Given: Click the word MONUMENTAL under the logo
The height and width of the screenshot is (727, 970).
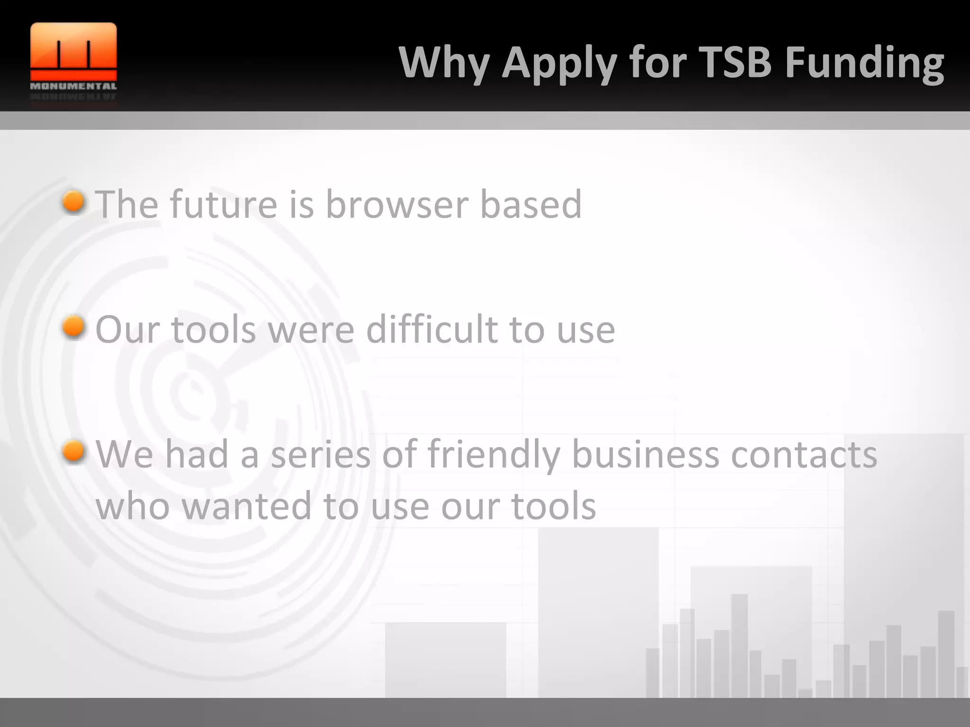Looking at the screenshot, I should tap(73, 87).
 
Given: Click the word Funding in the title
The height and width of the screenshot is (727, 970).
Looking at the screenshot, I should tap(864, 63).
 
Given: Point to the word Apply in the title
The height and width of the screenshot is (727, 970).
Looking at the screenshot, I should tap(559, 63).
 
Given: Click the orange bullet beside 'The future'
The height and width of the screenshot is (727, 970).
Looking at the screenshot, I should tap(73, 203).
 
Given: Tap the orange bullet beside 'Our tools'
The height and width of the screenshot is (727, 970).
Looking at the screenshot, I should tap(73, 328).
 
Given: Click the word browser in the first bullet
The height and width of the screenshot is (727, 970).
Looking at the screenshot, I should tap(397, 204).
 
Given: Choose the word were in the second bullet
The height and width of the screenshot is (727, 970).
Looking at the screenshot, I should tap(311, 330).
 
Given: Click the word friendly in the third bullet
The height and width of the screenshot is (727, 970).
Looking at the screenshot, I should tap(494, 454).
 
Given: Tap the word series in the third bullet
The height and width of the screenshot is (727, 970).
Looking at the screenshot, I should tap(321, 454).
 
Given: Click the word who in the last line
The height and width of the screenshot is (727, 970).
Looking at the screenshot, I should tap(133, 505).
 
